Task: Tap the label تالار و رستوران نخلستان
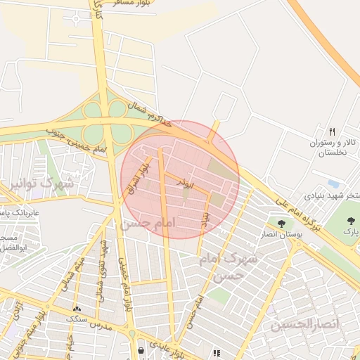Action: [334, 147]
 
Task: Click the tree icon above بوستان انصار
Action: [281, 224]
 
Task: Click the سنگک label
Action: [77, 319]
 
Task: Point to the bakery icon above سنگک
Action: [77, 309]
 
